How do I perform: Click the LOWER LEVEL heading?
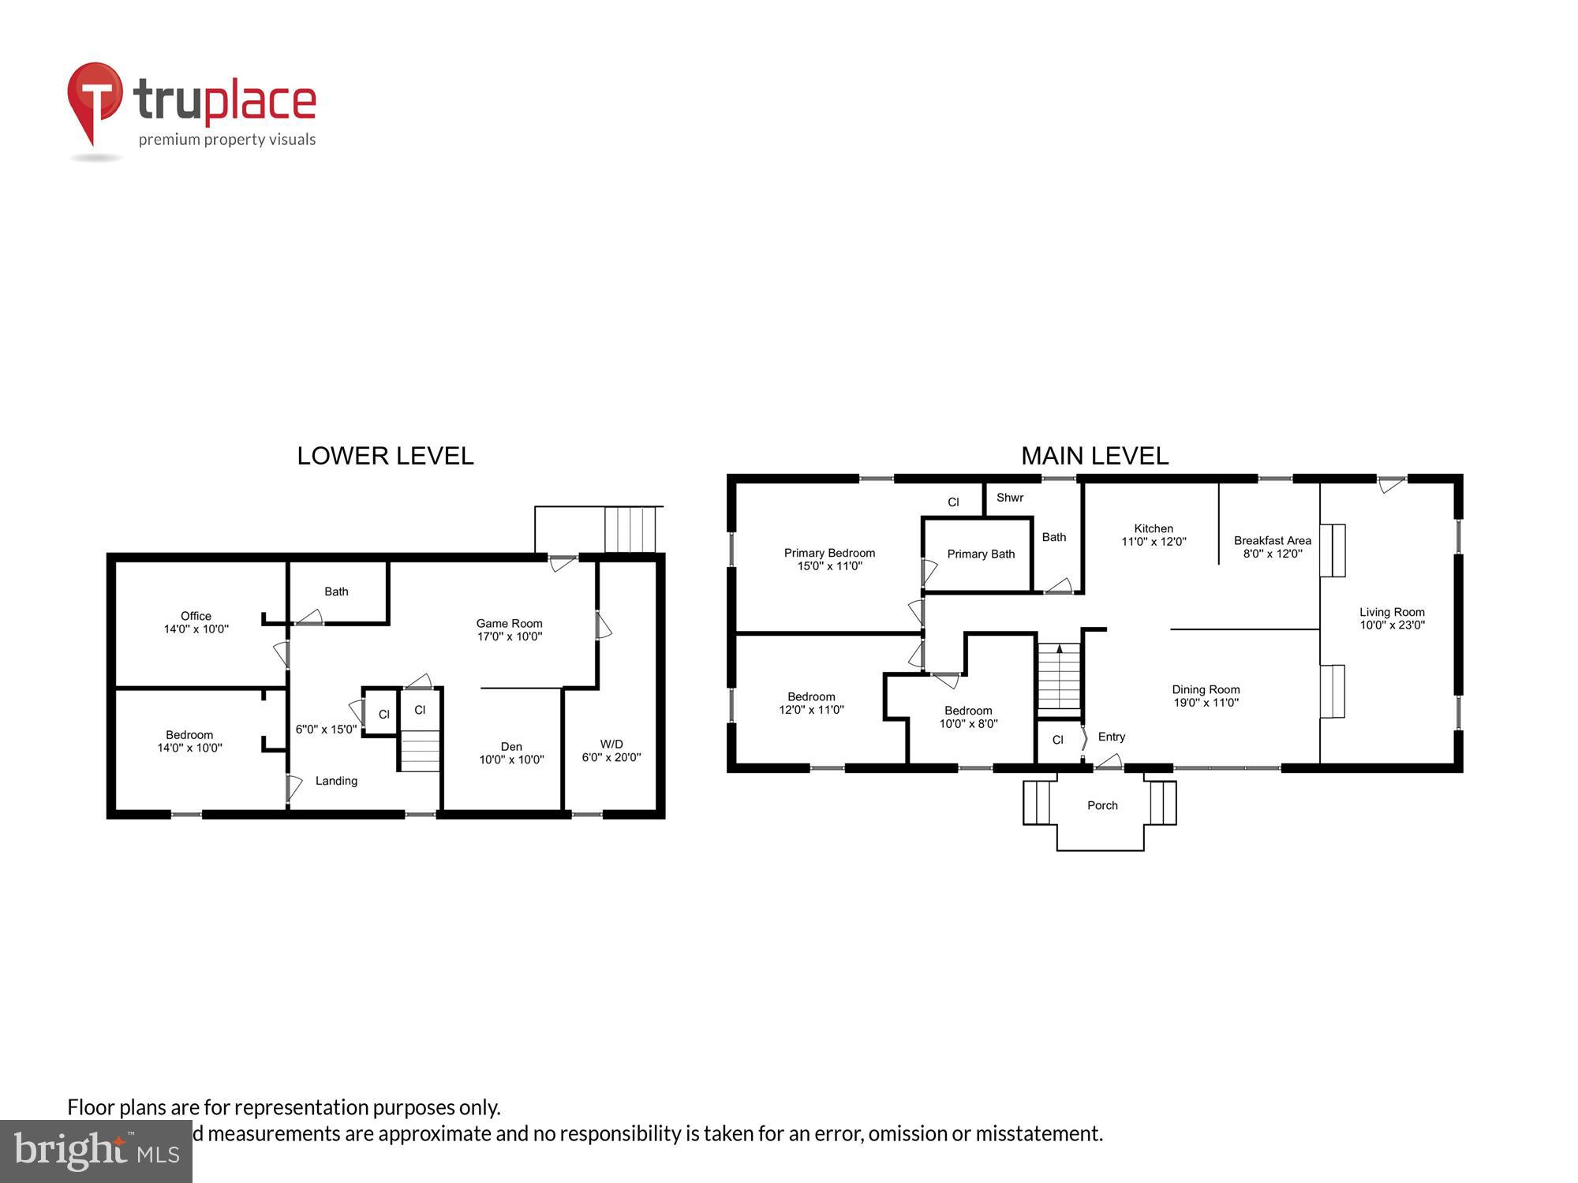point(385,456)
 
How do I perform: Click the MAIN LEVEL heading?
point(1094,456)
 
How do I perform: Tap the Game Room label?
point(509,629)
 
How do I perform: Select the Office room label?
point(196,622)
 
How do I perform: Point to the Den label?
point(511,753)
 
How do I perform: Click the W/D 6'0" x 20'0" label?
point(611,751)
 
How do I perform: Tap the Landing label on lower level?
point(336,781)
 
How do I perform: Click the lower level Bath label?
point(336,591)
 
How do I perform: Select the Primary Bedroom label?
point(829,559)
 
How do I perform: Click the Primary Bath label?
point(981,554)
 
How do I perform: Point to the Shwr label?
point(1009,498)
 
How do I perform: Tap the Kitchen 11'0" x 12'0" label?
point(1154,535)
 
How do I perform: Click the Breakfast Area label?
point(1272,547)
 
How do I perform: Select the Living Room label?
point(1392,618)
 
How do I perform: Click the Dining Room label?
point(1206,696)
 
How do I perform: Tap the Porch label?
point(1102,805)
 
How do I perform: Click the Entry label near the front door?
point(1111,737)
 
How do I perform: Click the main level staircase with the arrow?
point(1059,677)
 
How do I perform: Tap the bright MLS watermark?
point(96,1151)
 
